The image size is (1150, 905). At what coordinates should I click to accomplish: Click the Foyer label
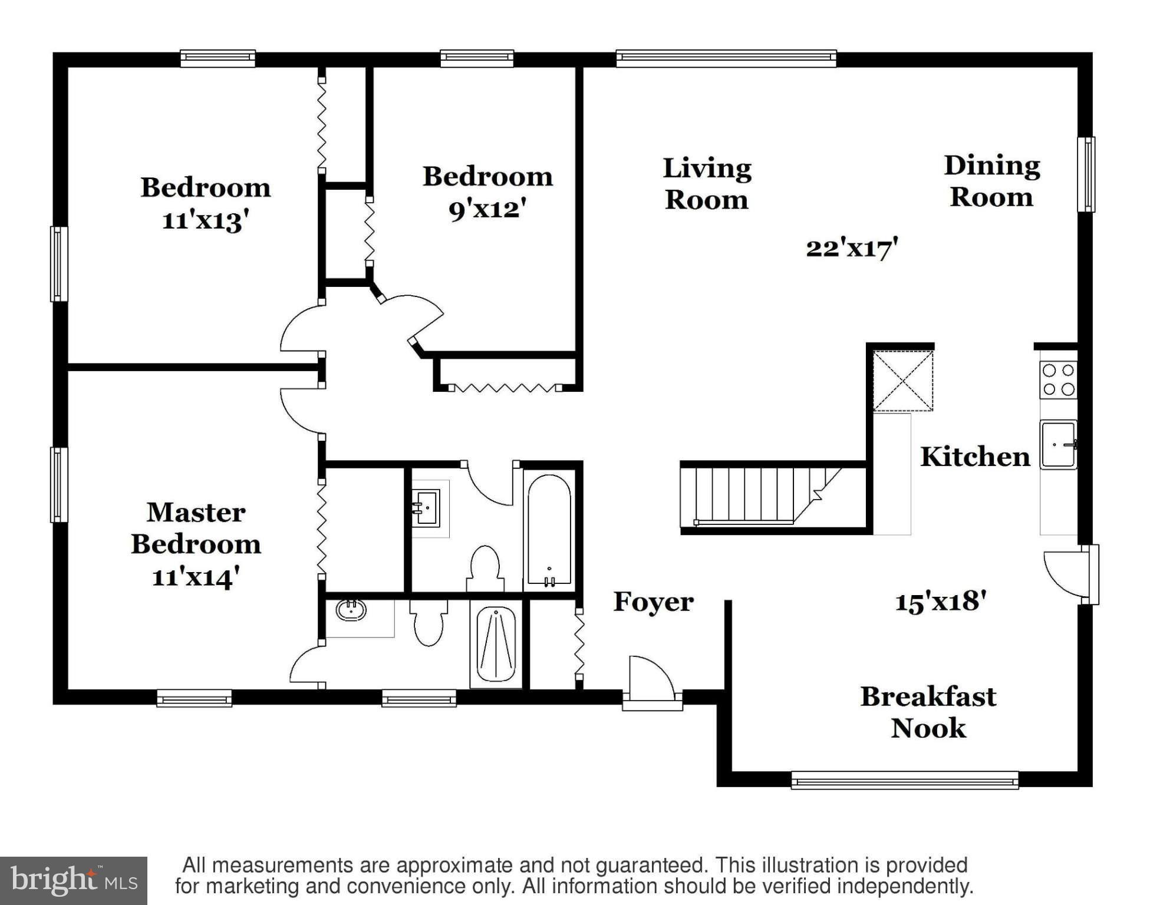653,602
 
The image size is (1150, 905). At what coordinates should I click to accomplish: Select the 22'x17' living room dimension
852,248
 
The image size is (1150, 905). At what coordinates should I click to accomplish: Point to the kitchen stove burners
1058,380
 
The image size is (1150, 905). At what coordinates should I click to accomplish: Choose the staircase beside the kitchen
766,495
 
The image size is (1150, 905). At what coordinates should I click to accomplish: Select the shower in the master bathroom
496,644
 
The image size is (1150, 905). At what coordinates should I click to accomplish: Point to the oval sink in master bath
351,610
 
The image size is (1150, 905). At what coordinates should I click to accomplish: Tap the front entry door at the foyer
651,681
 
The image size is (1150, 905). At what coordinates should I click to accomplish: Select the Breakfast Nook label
928,712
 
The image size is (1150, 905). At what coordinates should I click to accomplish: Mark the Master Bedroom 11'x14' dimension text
196,577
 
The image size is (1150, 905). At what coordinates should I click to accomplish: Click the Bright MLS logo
74,881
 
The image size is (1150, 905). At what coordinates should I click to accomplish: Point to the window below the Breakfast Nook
904,780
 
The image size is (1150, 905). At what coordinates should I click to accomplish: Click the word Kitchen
975,457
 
